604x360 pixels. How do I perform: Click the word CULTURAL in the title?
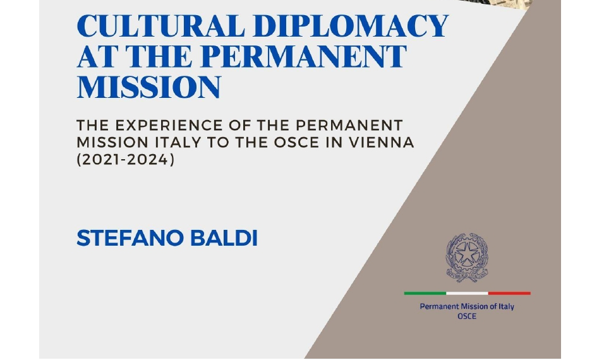[154, 27]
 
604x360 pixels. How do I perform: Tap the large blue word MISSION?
[148, 87]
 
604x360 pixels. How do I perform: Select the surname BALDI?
[224, 238]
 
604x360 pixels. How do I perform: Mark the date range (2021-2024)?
[124, 160]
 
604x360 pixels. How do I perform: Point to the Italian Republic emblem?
[468, 257]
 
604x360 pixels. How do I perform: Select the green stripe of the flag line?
[425, 293]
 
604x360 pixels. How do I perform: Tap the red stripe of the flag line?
[509, 293]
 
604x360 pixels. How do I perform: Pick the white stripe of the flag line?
[467, 293]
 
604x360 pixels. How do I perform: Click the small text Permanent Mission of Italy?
[467, 307]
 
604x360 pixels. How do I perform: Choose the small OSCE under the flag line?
[467, 316]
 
